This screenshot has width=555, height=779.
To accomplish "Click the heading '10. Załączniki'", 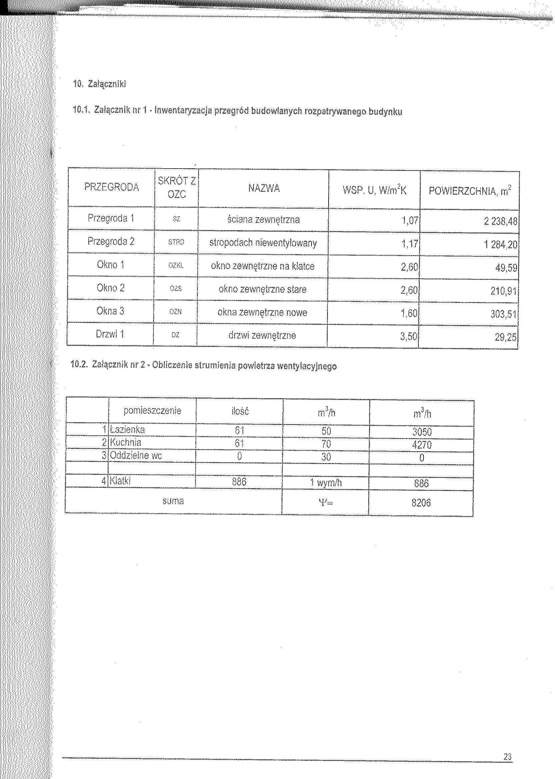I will click(x=100, y=84).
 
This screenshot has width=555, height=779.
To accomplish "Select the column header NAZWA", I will click(x=264, y=188).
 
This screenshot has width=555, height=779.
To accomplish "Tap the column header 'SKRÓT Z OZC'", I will click(x=177, y=188).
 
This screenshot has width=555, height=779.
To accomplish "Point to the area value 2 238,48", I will click(x=500, y=222).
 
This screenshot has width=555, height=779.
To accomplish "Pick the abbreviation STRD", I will click(x=176, y=242).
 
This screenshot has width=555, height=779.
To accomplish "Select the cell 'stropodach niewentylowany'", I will click(x=263, y=243).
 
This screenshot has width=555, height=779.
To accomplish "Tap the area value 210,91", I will click(x=504, y=291).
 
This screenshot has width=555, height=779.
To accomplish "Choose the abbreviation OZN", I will click(x=175, y=312).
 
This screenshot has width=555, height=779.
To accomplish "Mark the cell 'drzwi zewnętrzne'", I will click(x=262, y=335).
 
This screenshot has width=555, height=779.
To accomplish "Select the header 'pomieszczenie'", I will click(x=152, y=410).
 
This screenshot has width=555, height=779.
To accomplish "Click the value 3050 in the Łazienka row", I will click(x=422, y=432).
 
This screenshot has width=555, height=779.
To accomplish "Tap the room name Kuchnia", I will click(x=126, y=443).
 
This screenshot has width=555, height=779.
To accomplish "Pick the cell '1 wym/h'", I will click(x=326, y=483).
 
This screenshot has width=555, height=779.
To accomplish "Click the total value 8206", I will click(x=421, y=503).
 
